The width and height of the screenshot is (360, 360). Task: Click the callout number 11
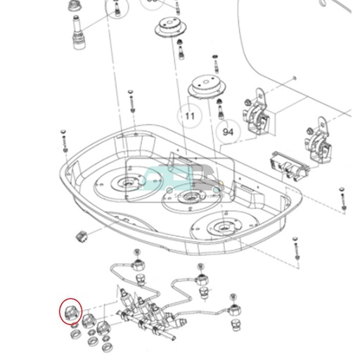(188, 115)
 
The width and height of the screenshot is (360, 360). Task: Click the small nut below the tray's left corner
(82, 235)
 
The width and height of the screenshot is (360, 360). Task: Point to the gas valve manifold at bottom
(148, 309)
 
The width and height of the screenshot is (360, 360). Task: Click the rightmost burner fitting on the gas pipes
(233, 309)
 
